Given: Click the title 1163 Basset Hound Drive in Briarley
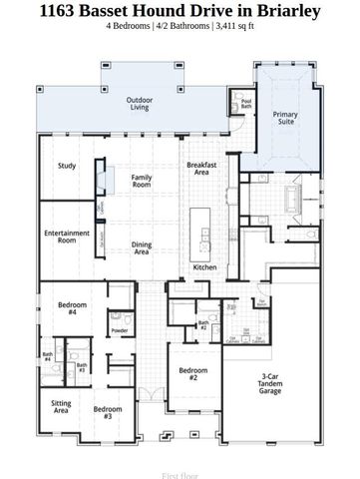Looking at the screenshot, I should [x=180, y=11].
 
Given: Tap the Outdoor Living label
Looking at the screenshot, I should [x=139, y=104].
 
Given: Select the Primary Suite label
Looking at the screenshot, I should [x=285, y=119].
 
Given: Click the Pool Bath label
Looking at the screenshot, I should [x=246, y=102].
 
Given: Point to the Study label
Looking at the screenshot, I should [x=67, y=166].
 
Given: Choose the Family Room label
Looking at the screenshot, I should [x=142, y=180].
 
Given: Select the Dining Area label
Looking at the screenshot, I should [x=142, y=248].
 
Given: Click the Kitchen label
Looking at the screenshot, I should [x=204, y=267].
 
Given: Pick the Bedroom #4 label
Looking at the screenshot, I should [x=72, y=307].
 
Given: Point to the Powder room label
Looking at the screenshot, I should [x=120, y=330].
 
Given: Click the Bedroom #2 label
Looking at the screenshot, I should [x=192, y=374].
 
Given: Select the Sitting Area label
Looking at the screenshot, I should [x=61, y=406].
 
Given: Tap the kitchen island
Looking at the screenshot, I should [x=205, y=236].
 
